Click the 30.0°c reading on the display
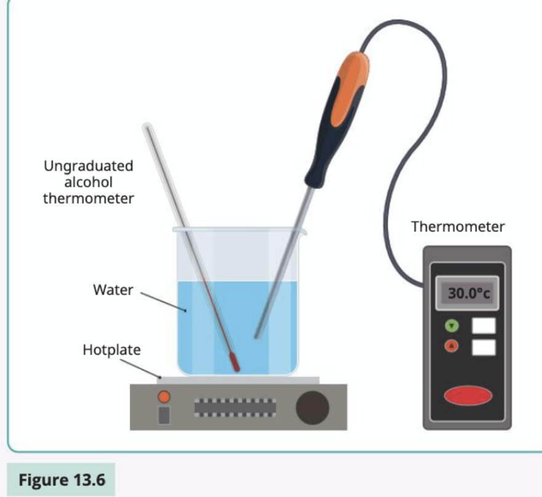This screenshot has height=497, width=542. pos(469,293)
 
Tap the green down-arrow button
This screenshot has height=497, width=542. pos(452,326)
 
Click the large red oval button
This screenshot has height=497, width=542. pos(468,395)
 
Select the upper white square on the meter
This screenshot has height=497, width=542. pos(484,326)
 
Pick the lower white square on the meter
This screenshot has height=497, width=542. pos(484,347)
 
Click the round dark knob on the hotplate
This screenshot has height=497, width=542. pos(313,408)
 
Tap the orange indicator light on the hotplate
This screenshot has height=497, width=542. pos(164,397)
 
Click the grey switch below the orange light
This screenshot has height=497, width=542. pos(164,415)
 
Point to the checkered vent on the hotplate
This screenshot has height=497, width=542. pos(235,408)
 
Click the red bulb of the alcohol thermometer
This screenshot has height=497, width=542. pos(234,362)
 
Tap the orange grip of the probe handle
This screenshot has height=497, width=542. pos(350,88)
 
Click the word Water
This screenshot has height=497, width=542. pos(113,289)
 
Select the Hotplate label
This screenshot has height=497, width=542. pos(111,350)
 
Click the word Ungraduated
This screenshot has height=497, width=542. pos(89,166)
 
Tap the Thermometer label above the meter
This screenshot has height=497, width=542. pos(458,227)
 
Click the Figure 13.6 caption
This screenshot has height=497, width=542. pos(62,480)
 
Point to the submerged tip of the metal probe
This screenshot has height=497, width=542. pos(257,336)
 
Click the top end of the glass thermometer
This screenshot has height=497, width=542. pos(147,126)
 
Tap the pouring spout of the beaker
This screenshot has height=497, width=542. pos(303,230)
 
